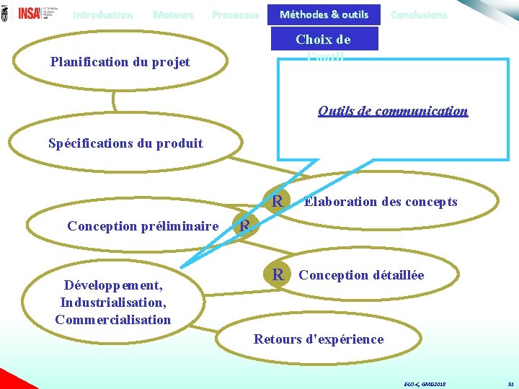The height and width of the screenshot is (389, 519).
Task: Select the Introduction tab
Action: coord(102,14)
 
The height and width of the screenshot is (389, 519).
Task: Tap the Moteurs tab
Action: coord(173,14)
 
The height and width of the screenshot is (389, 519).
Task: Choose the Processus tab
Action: coord(235,14)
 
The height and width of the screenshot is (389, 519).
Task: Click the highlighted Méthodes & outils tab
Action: coord(324,14)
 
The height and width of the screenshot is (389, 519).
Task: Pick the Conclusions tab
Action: coord(418,14)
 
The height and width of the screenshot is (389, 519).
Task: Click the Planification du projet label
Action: coord(120,62)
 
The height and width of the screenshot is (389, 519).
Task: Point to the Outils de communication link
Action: coord(393,111)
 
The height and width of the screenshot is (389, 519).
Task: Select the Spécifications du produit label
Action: coord(125,143)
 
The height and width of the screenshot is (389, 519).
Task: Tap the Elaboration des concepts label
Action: coord(381,202)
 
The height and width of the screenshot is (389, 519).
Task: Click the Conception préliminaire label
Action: coord(143,226)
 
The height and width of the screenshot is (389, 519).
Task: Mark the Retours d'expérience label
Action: coord(319,339)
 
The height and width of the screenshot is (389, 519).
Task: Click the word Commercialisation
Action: coord(113,319)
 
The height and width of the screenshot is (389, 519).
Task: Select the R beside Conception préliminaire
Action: coord(245,226)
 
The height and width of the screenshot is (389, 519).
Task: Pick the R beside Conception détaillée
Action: coord(278,274)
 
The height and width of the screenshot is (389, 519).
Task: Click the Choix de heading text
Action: coord(323,40)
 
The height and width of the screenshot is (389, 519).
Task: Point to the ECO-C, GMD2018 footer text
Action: coord(425,385)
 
